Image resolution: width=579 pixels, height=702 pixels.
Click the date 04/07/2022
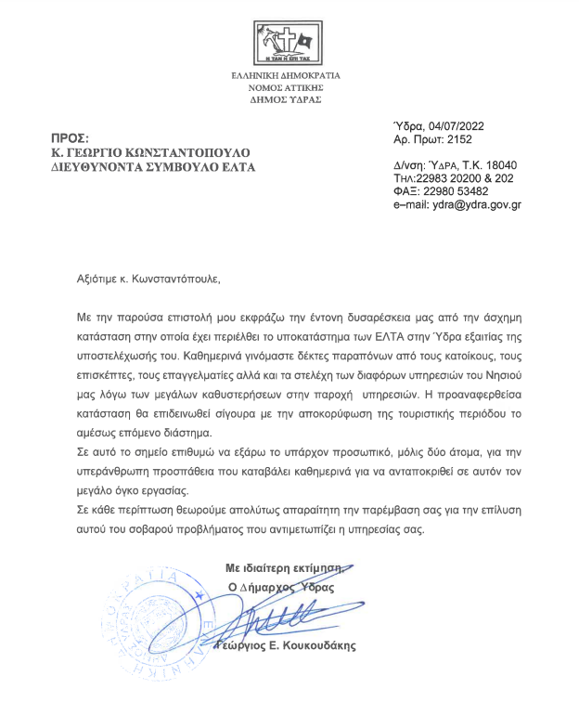point(457,126)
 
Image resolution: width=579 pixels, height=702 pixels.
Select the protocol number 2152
point(458,139)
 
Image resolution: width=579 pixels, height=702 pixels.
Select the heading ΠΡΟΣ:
point(69,138)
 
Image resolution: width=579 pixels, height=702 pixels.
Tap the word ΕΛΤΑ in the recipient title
point(236,167)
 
